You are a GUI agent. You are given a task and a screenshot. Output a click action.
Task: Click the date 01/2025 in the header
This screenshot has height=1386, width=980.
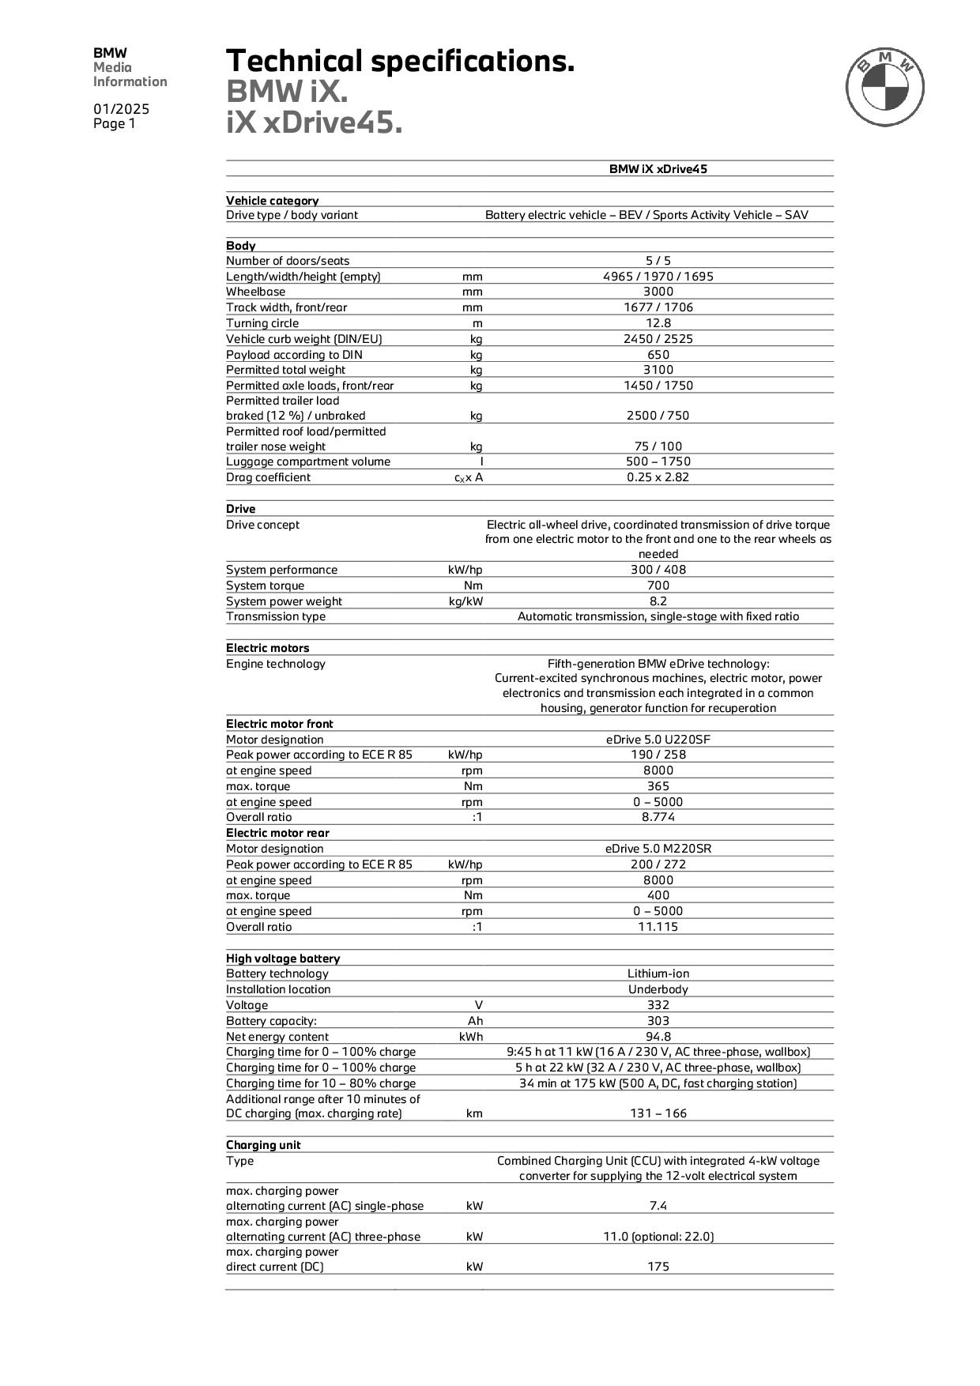(x=121, y=109)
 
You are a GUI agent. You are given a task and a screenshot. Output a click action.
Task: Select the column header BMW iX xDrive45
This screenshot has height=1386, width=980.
(x=658, y=169)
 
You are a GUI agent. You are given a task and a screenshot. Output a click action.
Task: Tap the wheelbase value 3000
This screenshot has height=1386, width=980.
(x=658, y=292)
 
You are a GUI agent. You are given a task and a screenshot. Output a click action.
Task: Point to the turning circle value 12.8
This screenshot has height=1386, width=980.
(x=658, y=323)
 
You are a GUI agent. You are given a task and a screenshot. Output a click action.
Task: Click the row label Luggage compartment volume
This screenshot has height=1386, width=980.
(x=308, y=461)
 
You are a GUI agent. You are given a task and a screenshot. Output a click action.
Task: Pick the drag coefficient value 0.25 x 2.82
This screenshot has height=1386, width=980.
(x=658, y=477)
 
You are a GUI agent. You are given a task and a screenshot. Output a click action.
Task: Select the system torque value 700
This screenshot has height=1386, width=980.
(x=658, y=586)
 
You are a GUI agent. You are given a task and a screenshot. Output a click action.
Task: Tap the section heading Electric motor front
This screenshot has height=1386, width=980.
(x=280, y=724)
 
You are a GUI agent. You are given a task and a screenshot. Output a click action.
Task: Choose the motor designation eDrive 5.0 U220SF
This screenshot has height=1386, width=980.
(x=658, y=740)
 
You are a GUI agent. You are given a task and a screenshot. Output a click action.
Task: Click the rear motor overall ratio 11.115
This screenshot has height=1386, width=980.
(x=658, y=927)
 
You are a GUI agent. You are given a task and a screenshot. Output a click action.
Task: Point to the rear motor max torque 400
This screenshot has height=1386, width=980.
(x=658, y=895)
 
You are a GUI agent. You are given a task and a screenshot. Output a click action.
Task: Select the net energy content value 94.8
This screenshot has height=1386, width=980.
(x=658, y=1037)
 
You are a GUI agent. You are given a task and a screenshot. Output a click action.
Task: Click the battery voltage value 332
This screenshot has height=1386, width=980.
(x=658, y=1005)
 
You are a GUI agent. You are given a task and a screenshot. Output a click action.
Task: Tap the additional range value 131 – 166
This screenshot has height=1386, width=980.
(x=658, y=1113)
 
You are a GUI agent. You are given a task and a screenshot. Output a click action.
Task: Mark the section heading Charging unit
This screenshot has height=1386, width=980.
(x=263, y=1145)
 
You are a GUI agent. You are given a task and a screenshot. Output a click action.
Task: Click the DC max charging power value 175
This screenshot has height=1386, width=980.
(x=658, y=1267)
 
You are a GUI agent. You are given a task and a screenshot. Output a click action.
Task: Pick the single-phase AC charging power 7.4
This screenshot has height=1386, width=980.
(x=658, y=1206)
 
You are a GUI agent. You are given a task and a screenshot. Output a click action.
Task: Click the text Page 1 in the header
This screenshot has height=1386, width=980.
(x=115, y=124)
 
